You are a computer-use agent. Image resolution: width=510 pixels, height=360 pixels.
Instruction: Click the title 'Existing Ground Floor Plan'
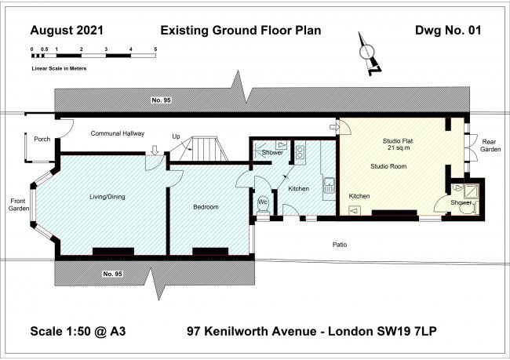241,31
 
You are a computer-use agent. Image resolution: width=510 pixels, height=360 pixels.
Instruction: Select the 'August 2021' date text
66,31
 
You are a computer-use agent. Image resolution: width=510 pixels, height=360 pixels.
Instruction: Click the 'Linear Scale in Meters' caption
59,68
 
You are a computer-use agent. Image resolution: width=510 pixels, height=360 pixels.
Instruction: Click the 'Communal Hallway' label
118,133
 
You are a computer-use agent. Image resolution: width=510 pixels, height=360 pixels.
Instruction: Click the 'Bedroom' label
206,207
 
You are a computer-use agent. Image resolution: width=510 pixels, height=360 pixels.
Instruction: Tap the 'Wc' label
263,201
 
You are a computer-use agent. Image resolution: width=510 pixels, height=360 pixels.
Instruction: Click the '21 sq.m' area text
396,148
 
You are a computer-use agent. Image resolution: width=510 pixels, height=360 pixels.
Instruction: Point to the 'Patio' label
339,245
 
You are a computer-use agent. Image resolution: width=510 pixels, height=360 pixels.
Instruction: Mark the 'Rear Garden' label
490,146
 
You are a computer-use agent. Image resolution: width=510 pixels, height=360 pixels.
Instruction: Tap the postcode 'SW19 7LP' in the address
409,331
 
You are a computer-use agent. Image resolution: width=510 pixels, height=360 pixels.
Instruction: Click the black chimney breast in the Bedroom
209,252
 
